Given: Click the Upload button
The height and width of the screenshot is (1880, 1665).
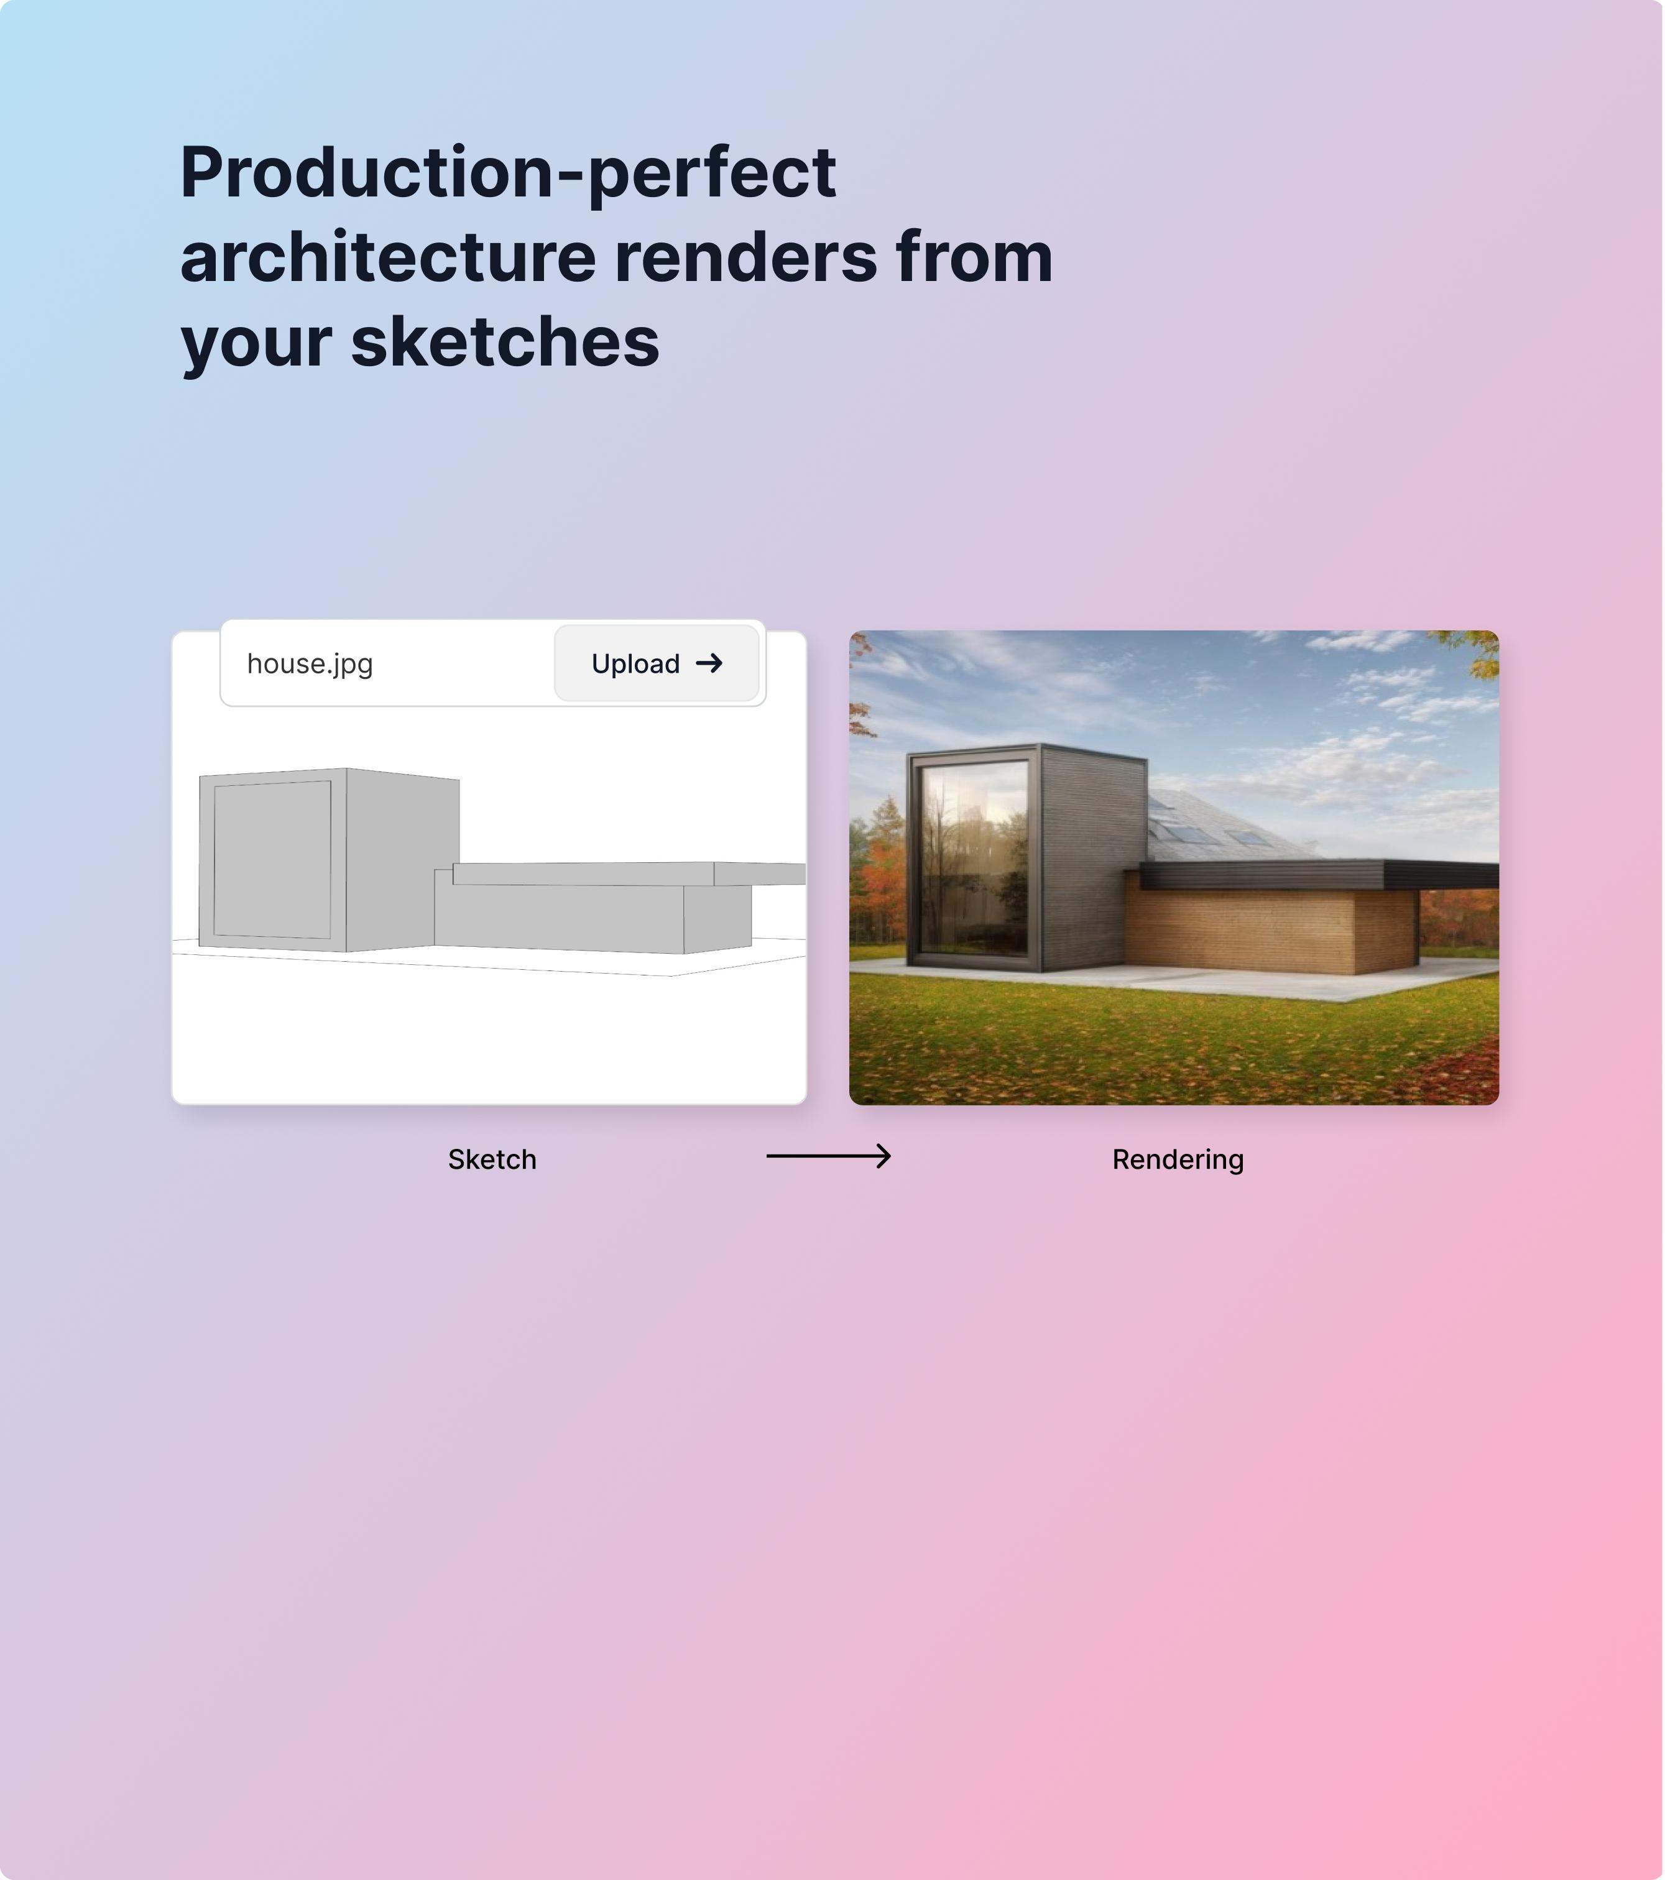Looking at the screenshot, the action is (x=657, y=663).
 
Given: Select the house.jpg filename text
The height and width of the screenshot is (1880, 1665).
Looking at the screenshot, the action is (x=310, y=664).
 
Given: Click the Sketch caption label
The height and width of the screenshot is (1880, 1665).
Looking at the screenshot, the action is (x=492, y=1159).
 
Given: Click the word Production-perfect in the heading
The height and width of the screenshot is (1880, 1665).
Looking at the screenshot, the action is (x=508, y=175).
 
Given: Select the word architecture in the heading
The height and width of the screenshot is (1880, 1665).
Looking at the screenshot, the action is (x=388, y=257).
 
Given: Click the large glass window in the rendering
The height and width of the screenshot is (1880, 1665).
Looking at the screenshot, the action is (x=975, y=858).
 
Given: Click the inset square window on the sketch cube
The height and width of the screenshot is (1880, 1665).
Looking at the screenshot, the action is (x=272, y=860).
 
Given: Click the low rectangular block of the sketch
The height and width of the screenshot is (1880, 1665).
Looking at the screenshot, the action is (x=593, y=915).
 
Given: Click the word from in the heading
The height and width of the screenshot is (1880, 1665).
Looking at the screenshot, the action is (x=974, y=257).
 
